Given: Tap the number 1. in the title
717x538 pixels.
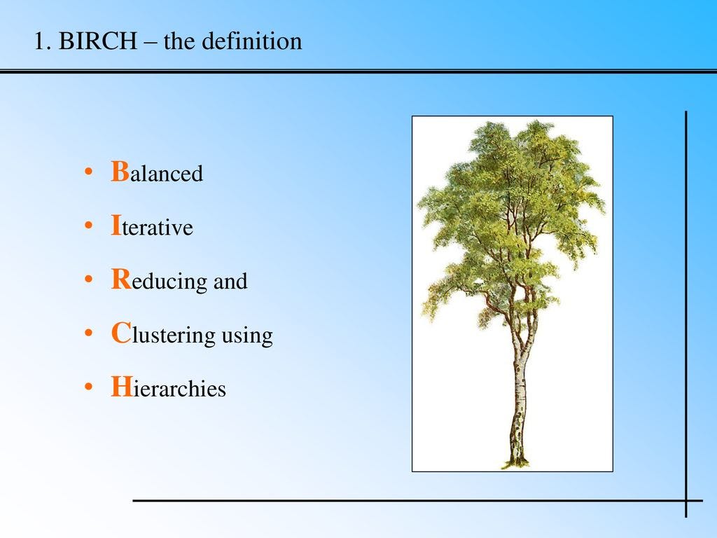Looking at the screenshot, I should tap(43, 41).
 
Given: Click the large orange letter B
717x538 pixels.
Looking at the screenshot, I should tap(120, 172).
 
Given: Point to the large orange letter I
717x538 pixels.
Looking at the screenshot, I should tap(116, 226).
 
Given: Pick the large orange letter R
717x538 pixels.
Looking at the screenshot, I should tap(120, 280).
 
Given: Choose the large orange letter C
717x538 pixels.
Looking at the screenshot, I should tap(120, 333).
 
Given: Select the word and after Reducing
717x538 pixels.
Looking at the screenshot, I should tap(230, 282).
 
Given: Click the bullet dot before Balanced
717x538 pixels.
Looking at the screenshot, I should tap(88, 173).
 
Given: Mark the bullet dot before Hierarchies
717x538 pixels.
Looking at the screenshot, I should tap(88, 389).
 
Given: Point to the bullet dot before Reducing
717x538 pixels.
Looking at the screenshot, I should tap(88, 281).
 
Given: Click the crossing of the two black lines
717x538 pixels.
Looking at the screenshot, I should tap(686, 501).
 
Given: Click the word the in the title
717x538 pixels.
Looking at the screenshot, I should tap(179, 41).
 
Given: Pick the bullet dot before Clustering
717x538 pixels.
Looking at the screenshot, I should tap(88, 335).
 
